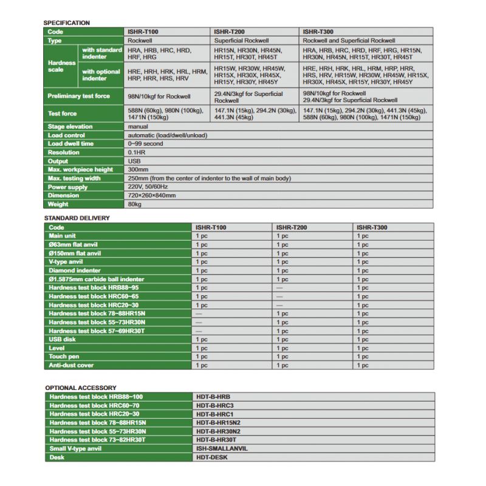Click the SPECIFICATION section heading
coord(66,23)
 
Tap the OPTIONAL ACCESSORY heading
coord(81,387)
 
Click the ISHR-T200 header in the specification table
coord(228,32)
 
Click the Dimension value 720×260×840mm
coord(152,196)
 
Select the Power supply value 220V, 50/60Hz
coord(148,187)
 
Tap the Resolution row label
coord(64,152)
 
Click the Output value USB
coord(135,161)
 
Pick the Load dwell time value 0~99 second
coord(146,144)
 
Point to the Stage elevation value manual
coord(139,126)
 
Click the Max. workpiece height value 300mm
coord(139,169)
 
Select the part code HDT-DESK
coord(212,457)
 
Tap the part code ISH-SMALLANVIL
coord(222,448)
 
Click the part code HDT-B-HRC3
coord(215,405)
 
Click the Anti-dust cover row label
coord(71,365)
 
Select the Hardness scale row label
coord(61,66)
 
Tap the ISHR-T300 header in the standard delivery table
coord(372,227)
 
